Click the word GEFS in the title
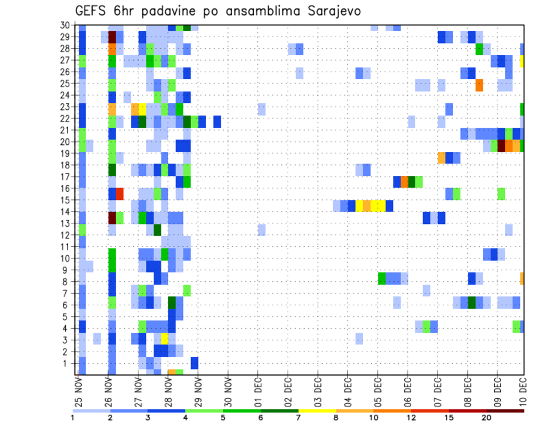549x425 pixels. [93, 11]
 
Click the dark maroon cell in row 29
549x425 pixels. [112, 37]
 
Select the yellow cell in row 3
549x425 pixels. [165, 339]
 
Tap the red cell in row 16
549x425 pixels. [120, 194]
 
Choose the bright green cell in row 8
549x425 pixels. [382, 278]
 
